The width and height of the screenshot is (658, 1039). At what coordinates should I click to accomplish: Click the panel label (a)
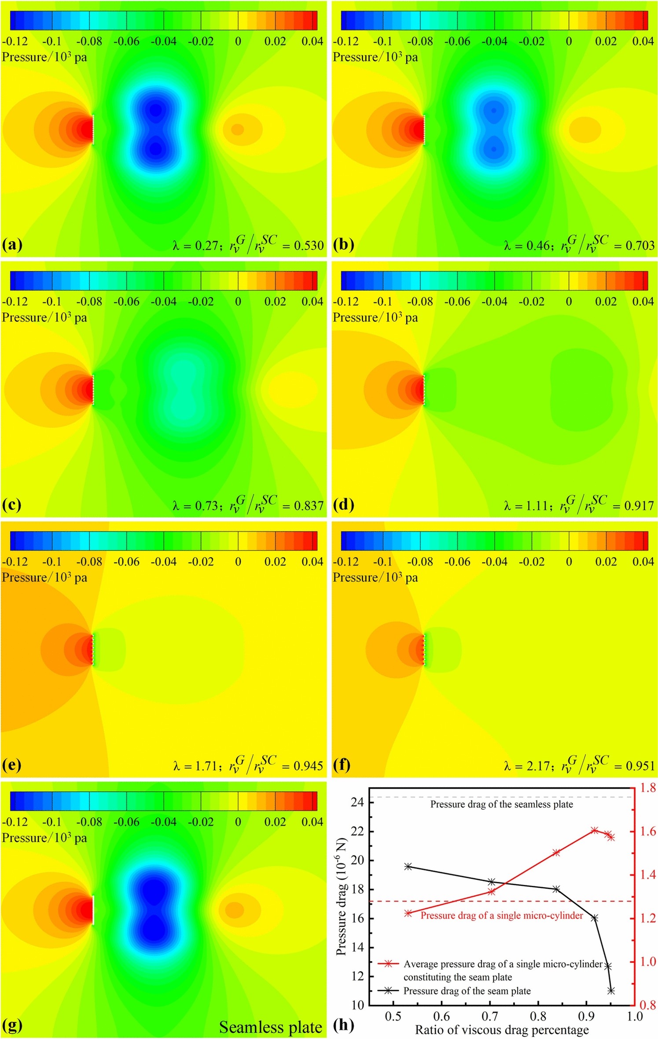coord(12,245)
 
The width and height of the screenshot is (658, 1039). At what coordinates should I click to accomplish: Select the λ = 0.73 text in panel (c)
coord(195,506)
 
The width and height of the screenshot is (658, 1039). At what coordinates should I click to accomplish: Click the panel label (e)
coord(12,765)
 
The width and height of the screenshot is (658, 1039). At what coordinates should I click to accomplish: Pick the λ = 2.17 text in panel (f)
coord(527,766)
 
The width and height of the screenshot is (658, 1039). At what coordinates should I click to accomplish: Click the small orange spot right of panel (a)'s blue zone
coord(238,129)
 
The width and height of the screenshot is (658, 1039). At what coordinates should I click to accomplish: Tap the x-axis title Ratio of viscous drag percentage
coord(502,1030)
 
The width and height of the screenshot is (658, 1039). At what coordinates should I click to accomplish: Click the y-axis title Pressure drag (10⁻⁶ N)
coord(341,898)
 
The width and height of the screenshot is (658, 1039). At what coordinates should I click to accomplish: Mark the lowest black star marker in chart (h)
coord(611,991)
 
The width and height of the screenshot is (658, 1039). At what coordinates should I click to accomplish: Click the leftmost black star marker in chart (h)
coord(408,866)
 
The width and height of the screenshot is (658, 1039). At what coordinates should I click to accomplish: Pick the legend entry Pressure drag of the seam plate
coord(467,991)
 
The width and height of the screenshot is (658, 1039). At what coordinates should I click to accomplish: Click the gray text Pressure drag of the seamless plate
coord(502,804)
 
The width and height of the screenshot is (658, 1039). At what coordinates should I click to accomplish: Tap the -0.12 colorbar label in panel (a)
coord(15,41)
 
